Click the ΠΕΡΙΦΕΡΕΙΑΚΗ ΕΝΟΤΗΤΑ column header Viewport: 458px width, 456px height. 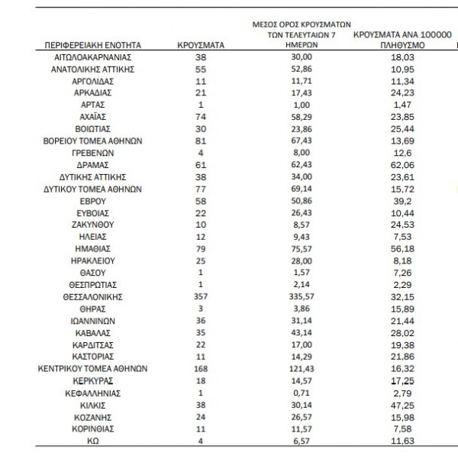tap(95, 46)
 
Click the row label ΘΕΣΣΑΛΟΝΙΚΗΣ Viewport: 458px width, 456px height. tap(95, 296)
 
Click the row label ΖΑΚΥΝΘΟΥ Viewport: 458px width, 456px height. tap(95, 225)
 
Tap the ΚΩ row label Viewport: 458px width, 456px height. tap(95, 441)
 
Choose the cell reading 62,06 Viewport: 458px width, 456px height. tap(402, 165)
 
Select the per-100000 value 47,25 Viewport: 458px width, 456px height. tap(402, 405)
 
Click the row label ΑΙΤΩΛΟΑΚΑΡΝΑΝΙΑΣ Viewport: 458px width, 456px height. tap(95, 57)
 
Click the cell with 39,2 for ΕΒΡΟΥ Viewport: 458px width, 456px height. tap(402, 201)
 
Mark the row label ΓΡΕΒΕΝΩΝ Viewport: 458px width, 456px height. tap(95, 153)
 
